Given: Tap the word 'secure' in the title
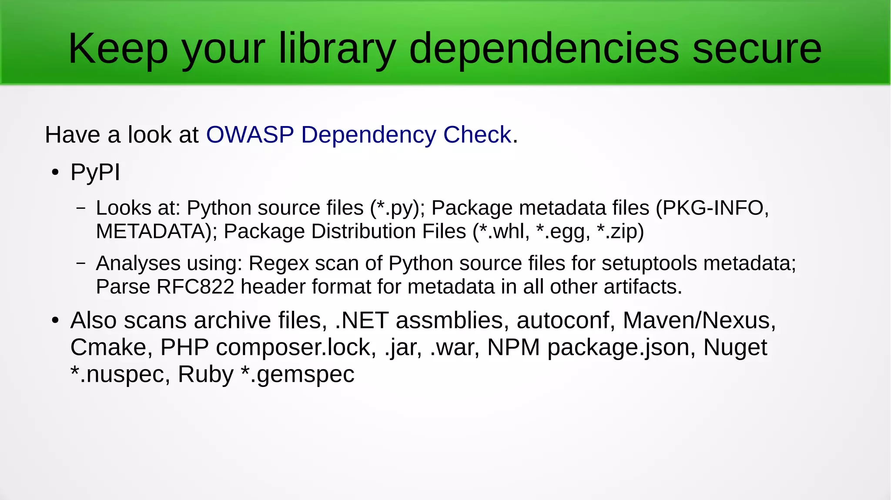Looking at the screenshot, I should (757, 49).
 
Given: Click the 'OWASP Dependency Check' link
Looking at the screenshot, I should (358, 134).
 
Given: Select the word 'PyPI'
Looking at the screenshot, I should (95, 172).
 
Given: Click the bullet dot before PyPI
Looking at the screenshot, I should (55, 173).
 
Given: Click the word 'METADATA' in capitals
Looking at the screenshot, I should (154, 231).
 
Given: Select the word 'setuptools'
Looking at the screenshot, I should (649, 263).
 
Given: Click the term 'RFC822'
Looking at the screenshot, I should (195, 287).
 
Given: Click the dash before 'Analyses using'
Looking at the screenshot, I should (80, 263).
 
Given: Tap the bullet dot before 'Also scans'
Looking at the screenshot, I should (55, 321).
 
